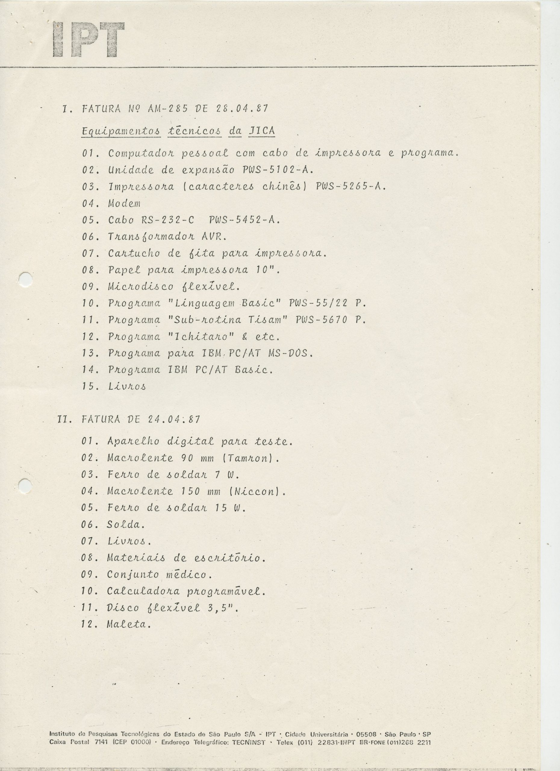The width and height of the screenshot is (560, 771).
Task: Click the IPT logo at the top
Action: point(88,40)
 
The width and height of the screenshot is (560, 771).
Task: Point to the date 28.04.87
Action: point(241,109)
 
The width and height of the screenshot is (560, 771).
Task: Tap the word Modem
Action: point(124,204)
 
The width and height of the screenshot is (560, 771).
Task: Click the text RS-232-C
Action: point(167,220)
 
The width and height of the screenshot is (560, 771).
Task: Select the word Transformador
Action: point(150,237)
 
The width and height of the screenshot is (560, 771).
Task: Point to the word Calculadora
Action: point(143,591)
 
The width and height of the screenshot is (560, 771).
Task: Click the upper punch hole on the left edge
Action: point(26,280)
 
